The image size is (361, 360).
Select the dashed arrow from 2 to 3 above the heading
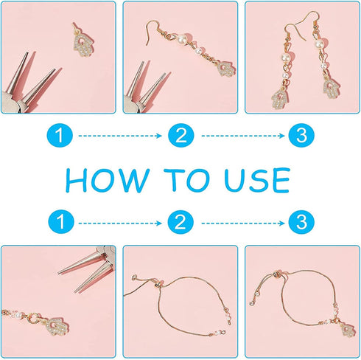[239, 136]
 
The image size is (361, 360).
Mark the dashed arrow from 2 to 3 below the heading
[239, 221]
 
